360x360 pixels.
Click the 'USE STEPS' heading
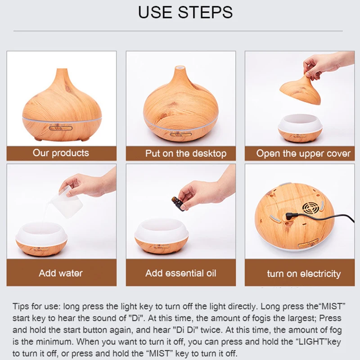(x=185, y=12)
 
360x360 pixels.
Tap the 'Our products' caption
(x=61, y=153)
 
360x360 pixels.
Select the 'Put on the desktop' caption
(x=186, y=153)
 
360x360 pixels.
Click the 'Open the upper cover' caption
(x=303, y=153)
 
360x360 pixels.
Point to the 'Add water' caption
(x=61, y=273)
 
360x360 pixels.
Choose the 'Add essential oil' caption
(x=181, y=273)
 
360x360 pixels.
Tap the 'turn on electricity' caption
(x=304, y=274)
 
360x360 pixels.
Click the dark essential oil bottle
(x=178, y=203)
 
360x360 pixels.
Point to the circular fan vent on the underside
(x=310, y=208)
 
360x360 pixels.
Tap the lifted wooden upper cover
(x=300, y=89)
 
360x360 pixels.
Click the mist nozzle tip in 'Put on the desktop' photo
(x=180, y=67)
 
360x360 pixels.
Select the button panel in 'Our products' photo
(x=61, y=128)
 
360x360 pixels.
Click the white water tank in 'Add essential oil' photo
(x=162, y=229)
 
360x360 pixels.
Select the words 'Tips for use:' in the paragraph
(x=37, y=306)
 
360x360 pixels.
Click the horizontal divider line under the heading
(x=178, y=31)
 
